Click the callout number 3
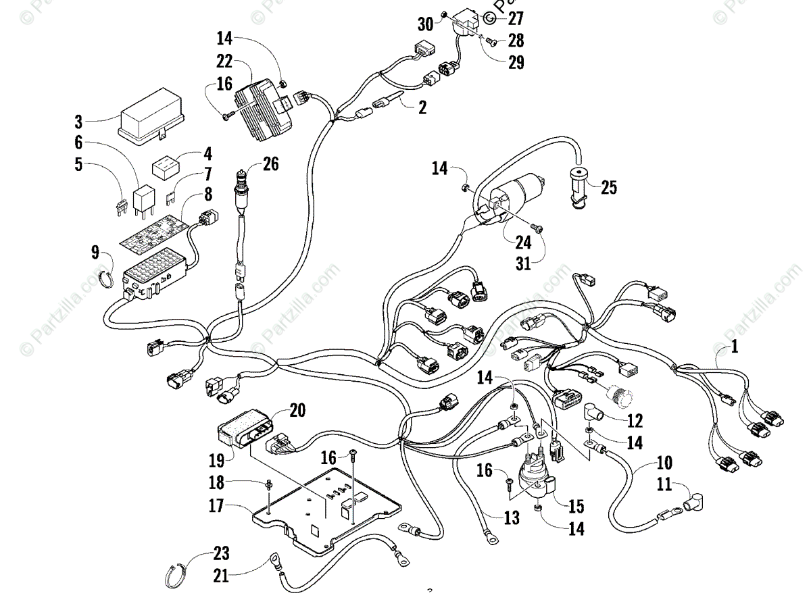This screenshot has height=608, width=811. click(x=78, y=122)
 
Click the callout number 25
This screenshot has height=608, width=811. click(x=609, y=188)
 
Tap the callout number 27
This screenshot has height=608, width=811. click(x=516, y=18)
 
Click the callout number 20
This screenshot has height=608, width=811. click(x=297, y=409)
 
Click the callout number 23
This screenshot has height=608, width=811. click(x=220, y=554)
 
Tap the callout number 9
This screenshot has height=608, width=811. click(x=96, y=253)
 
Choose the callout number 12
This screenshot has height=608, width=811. click(x=635, y=421)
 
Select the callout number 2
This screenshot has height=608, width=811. click(x=422, y=106)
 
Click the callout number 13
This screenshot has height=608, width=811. click(x=511, y=518)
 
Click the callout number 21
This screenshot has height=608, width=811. click(x=220, y=576)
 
